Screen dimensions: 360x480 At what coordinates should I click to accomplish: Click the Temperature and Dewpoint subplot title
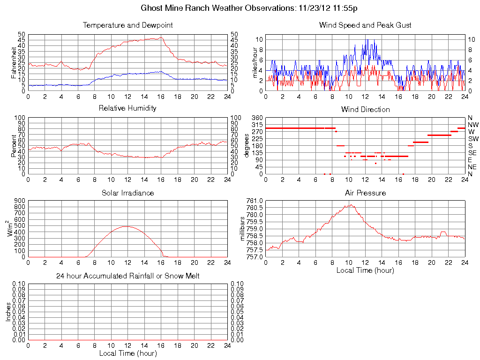(127, 25)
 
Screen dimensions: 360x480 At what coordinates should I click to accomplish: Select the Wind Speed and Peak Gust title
(365, 25)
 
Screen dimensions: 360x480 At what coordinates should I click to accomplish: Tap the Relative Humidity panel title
(127, 108)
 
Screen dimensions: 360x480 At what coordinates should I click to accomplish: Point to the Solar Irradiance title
(127, 193)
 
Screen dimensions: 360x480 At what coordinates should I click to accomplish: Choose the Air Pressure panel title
(365, 193)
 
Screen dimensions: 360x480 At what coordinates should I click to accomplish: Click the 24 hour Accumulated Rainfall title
(127, 276)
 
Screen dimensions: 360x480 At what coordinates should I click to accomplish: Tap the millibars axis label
(242, 228)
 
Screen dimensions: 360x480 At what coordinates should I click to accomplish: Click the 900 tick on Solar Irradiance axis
(19, 201)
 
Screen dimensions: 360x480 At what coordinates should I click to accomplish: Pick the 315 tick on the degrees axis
(257, 125)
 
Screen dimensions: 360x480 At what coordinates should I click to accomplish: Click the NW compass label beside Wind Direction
(473, 125)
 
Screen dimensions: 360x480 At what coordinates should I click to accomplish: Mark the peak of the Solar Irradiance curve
(127, 226)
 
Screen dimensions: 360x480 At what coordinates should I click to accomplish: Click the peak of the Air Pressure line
(350, 204)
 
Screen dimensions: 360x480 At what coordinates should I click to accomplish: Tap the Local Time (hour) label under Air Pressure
(365, 270)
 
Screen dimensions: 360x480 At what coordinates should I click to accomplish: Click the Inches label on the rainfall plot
(8, 312)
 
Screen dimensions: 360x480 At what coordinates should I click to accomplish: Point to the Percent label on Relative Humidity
(14, 146)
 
